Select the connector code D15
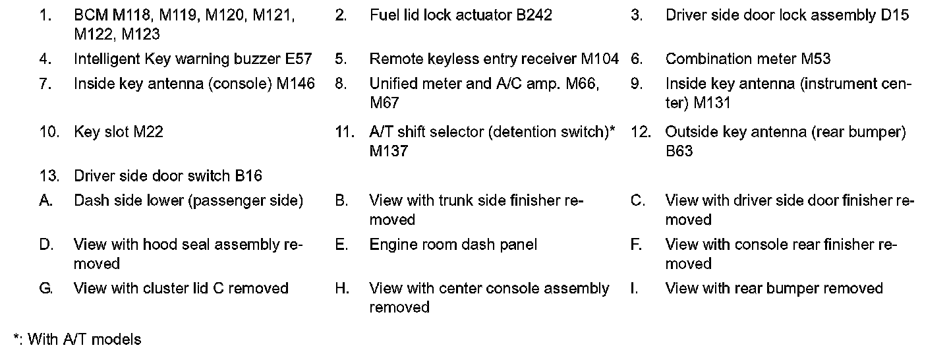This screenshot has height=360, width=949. pos(894,15)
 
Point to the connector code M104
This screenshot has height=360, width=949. pos(600,59)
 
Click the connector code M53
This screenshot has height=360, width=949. pos(815,59)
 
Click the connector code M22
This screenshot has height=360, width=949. pos(148,132)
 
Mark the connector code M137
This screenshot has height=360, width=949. pos(389,151)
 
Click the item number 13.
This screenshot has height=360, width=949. pos(49,176)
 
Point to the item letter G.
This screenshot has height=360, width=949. pos(46,289)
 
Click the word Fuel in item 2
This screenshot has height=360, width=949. pos(384,15)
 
